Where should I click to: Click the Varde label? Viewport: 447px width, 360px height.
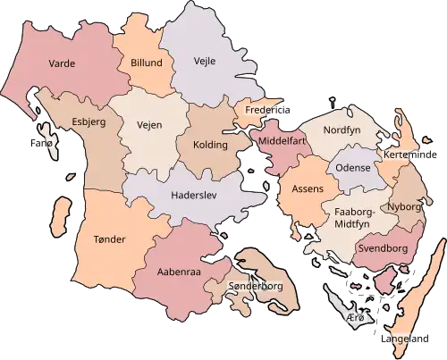[x=61, y=64]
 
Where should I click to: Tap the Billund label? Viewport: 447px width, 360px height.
[x=147, y=64]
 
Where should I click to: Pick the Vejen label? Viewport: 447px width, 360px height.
[x=149, y=125]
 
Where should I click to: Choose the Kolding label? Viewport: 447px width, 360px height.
[x=210, y=145]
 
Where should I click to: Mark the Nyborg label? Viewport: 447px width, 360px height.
[x=404, y=206]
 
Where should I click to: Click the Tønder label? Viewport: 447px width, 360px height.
[x=109, y=239]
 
